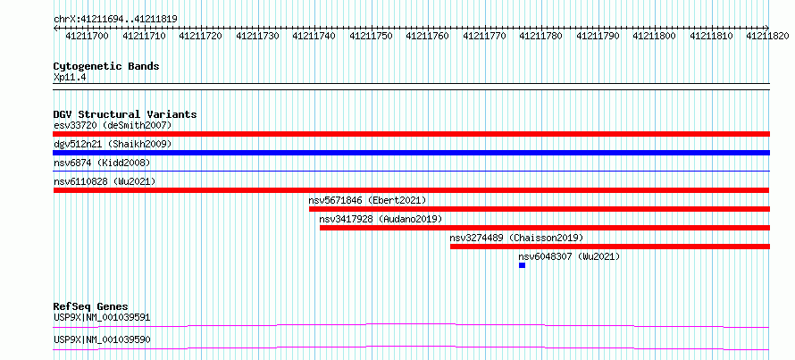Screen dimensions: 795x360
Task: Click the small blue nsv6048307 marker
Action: point(522,265)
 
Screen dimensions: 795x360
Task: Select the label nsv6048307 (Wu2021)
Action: point(569,256)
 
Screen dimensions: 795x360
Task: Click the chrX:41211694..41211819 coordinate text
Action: point(115,20)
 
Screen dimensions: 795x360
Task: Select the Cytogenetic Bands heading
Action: point(106,66)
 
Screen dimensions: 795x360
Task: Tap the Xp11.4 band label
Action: point(70,77)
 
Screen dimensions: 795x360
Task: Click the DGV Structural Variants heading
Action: point(125,114)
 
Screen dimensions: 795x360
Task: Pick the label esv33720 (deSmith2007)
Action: point(113,125)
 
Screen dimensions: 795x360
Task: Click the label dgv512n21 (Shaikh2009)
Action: point(113,145)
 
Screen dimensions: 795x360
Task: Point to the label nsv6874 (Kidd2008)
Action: point(102,163)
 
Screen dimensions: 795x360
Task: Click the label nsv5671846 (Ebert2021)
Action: point(368,200)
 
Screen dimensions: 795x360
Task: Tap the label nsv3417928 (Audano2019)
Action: point(381,219)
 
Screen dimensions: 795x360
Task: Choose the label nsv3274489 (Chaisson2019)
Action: point(516,238)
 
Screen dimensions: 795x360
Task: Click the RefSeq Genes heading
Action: point(91,306)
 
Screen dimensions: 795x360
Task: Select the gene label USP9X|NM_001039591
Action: point(102,318)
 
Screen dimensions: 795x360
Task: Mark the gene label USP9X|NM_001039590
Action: point(102,339)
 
